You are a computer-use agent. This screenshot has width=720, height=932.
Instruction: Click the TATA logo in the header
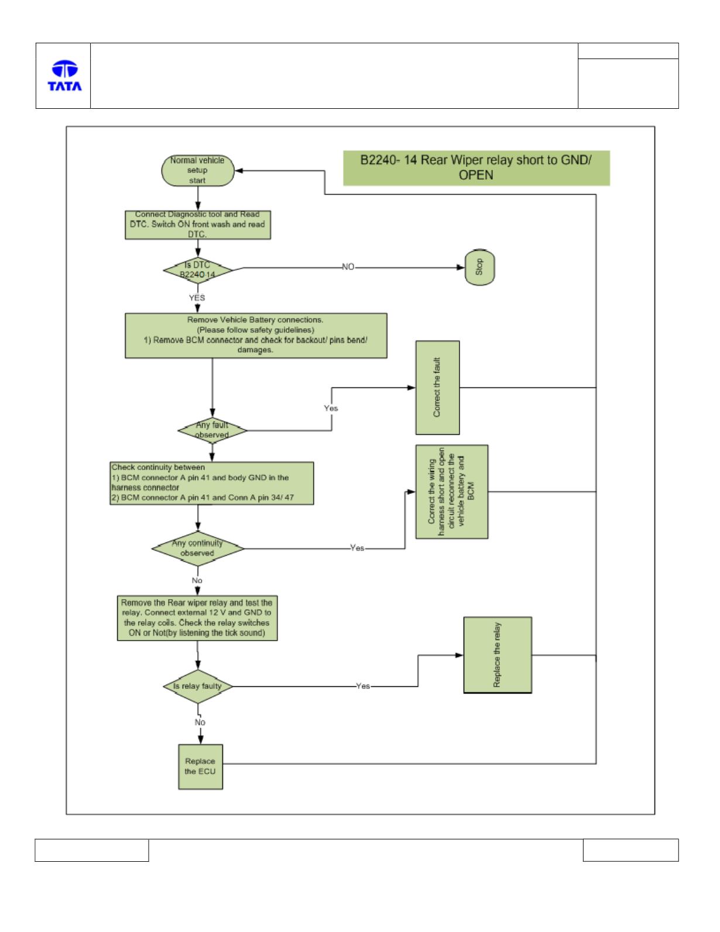coord(64,75)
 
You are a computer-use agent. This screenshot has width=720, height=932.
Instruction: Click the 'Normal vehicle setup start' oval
coord(197,170)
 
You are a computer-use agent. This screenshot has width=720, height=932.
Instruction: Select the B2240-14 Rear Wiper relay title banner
coord(476,168)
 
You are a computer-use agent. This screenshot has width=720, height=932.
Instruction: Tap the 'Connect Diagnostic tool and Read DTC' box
coord(197,224)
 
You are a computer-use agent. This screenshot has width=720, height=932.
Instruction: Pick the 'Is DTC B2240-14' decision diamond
coord(197,270)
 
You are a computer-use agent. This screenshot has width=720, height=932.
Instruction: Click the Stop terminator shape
coord(480,267)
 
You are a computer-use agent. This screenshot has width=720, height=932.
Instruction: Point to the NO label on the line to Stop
coord(348,267)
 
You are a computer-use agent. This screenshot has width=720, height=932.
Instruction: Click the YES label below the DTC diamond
coord(197,298)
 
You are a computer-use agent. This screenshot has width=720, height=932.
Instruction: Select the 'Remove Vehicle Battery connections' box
coord(256,335)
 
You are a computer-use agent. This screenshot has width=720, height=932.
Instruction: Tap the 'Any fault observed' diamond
coord(212,430)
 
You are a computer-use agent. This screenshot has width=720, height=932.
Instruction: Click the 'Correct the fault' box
coord(437,387)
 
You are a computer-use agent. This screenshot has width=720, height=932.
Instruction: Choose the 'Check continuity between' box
coord(211,483)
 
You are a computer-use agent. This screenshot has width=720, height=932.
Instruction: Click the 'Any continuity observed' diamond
coord(198,548)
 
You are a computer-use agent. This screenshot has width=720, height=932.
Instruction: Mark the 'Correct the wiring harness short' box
coord(451,491)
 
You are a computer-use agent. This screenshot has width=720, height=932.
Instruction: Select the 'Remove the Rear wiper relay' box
coord(197,618)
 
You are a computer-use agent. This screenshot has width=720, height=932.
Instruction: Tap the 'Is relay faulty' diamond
coord(198,686)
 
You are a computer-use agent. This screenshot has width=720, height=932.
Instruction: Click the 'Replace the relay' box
coord(498,655)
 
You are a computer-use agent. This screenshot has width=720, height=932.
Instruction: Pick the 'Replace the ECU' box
coord(200,766)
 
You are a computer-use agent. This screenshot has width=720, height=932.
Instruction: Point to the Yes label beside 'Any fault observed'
coord(331,408)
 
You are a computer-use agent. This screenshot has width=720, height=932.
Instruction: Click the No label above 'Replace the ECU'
coord(200,723)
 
